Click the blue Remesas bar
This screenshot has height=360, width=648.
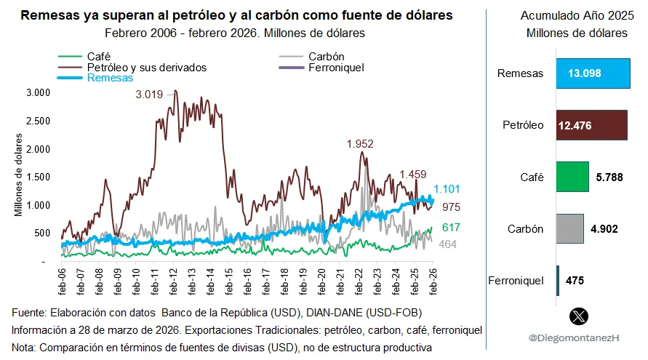[x=593, y=73]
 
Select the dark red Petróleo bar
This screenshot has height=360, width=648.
[x=592, y=125]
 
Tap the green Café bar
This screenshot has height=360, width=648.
[x=572, y=177]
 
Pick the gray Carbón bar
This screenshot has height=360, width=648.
[x=570, y=228]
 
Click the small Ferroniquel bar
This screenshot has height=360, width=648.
[x=558, y=280]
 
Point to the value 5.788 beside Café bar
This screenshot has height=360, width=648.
[x=610, y=177]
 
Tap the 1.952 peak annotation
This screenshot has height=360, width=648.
[x=360, y=144]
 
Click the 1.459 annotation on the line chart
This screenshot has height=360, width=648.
[x=413, y=175]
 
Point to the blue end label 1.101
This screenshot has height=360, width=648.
[x=447, y=188]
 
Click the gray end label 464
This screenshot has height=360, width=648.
[x=447, y=244]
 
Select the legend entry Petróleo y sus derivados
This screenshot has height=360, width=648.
[x=146, y=67]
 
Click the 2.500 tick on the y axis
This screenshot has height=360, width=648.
[x=37, y=120]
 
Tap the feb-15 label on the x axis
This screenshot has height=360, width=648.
[x=229, y=280]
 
